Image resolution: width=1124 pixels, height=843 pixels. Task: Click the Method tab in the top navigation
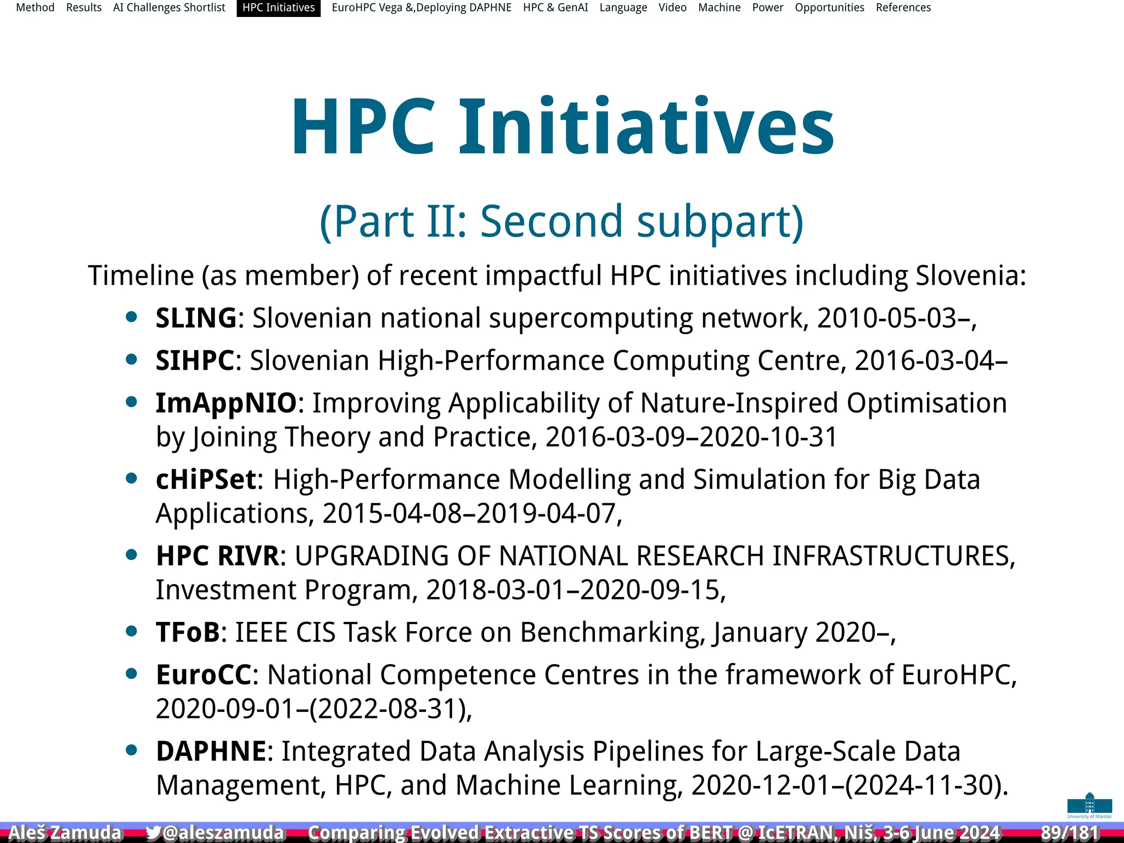pos(35,8)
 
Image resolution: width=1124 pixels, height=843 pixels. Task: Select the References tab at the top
pos(903,8)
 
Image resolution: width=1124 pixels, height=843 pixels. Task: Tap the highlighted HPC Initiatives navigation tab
pos(278,8)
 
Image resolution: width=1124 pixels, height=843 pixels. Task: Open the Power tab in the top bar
pos(767,8)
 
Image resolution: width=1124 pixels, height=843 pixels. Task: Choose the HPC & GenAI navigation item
pos(555,8)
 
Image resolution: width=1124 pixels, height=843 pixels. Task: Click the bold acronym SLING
pos(196,318)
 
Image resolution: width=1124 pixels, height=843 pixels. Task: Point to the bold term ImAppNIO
pos(226,403)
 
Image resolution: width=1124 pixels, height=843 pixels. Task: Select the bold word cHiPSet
pos(206,479)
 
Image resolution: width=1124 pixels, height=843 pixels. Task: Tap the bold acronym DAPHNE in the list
pos(211,751)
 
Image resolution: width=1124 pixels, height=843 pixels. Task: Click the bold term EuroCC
pos(204,675)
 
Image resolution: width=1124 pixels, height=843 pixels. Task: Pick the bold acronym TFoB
pos(188,632)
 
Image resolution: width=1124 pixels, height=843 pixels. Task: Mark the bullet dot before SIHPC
pos(131,359)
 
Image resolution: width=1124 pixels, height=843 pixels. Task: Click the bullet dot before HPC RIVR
pos(131,555)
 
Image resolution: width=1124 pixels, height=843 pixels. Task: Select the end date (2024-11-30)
pos(925,785)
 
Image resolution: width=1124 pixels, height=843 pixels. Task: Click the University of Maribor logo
pos(1089,805)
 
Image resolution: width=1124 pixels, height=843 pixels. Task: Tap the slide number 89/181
pos(1069,833)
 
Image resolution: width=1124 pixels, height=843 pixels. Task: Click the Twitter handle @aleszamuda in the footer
pos(215,833)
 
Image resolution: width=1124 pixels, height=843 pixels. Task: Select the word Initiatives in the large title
pos(646,127)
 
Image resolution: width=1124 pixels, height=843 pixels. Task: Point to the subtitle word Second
pos(552,221)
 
